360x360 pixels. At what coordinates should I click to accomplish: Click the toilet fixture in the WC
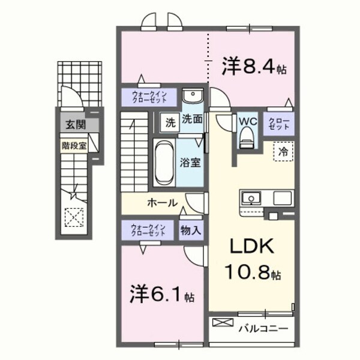point(247,139)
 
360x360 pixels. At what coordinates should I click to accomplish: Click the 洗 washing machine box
point(171,122)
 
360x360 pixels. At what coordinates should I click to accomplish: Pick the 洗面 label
point(192,119)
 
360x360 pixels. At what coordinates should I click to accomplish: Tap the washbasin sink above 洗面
point(192,95)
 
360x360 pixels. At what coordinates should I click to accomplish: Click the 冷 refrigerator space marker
point(282,152)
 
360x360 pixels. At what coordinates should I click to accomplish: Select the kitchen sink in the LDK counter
point(250,198)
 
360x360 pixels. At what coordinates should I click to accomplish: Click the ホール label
point(163,203)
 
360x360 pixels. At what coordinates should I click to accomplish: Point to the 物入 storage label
point(191,230)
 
